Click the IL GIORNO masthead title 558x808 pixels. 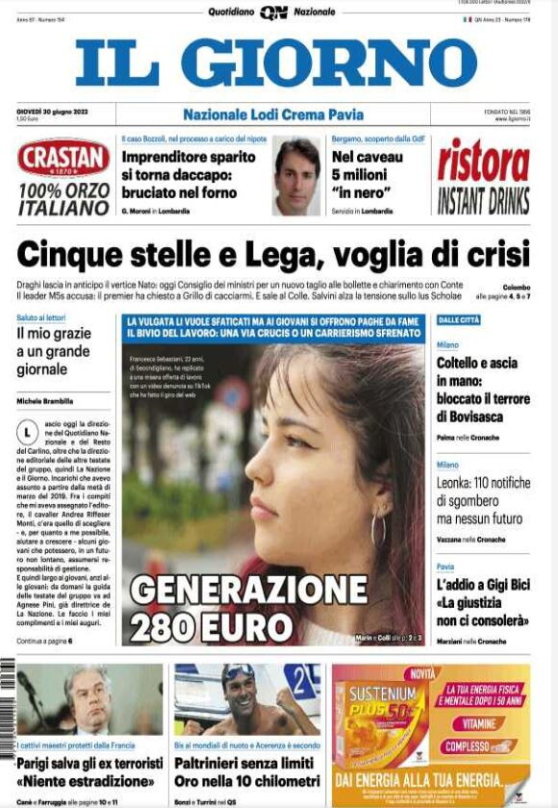pyautogui.click(x=276, y=63)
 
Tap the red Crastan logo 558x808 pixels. pyautogui.click(x=63, y=159)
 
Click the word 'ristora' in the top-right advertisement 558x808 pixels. pyautogui.click(x=483, y=161)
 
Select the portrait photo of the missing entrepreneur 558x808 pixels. pyautogui.click(x=296, y=176)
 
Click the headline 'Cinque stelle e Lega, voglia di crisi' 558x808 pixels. pyautogui.click(x=273, y=255)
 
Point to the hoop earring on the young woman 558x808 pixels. pyautogui.click(x=378, y=528)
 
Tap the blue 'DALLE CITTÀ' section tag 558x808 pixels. pyautogui.click(x=459, y=319)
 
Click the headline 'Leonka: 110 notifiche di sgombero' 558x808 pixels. pyautogui.click(x=483, y=500)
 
